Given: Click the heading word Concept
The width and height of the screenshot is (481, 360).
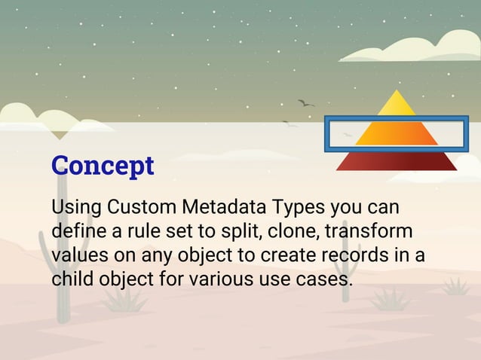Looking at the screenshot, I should [x=103, y=166].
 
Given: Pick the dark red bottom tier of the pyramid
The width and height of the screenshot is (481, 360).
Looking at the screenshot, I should [x=397, y=160].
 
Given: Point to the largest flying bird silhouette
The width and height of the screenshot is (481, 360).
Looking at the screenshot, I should [x=305, y=102].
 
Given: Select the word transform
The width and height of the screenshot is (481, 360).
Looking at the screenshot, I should [x=369, y=230].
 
